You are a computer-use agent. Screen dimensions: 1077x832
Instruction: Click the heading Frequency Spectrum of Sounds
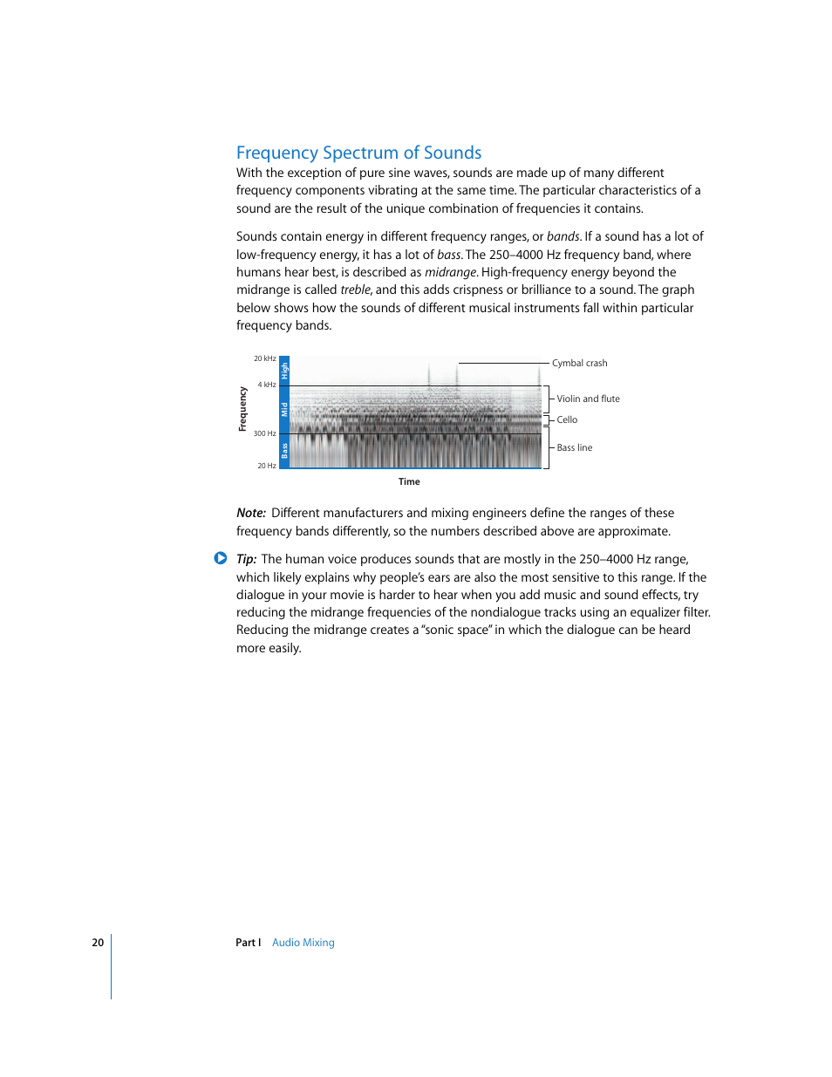click(x=358, y=153)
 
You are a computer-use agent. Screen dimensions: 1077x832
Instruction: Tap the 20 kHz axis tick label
click(x=265, y=358)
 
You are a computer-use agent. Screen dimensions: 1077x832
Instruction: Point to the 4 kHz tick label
click(x=267, y=385)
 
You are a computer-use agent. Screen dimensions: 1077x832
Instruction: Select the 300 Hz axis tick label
click(x=265, y=433)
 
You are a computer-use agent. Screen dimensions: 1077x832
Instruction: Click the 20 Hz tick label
click(x=267, y=466)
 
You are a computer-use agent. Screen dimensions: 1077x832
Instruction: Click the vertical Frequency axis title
click(x=242, y=409)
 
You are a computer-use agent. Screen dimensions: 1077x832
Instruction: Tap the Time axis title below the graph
click(x=409, y=481)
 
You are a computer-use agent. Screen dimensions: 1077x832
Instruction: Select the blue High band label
click(x=284, y=371)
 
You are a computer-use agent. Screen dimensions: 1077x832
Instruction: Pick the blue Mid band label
click(x=284, y=409)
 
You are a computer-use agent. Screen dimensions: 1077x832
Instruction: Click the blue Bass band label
click(x=284, y=450)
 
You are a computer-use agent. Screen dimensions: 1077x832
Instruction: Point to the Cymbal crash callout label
click(x=579, y=363)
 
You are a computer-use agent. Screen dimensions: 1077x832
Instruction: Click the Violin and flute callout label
click(x=588, y=399)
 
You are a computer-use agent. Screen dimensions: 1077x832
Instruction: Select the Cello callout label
click(x=567, y=419)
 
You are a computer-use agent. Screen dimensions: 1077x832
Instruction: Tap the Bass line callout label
click(x=574, y=447)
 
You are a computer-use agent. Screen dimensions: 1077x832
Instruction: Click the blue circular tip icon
click(x=221, y=558)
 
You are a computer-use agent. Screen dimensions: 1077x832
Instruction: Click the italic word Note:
click(x=251, y=513)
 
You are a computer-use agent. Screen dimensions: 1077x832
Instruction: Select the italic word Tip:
click(x=246, y=559)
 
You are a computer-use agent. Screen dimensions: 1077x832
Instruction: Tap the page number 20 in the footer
click(x=98, y=943)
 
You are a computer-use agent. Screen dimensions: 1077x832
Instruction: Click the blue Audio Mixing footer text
click(x=303, y=943)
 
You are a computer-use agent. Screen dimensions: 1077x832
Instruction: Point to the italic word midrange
click(x=450, y=272)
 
